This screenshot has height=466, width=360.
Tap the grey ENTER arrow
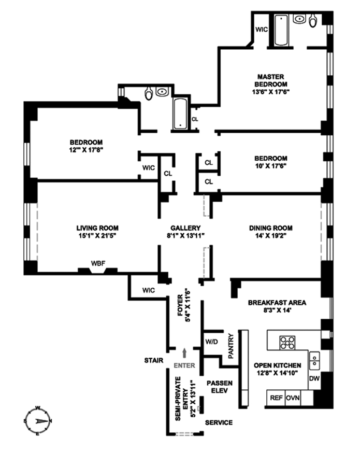pyautogui.click(x=185, y=354)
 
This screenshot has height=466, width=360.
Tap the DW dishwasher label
pyautogui.click(x=314, y=379)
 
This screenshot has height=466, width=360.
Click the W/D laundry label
pyautogui.click(x=211, y=342)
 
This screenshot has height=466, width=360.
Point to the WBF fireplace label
pyautogui.click(x=98, y=263)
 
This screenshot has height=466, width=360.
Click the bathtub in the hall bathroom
pyautogui.click(x=181, y=113)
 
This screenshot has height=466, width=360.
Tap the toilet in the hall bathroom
pyautogui.click(x=149, y=94)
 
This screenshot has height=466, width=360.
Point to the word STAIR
pyautogui.click(x=154, y=360)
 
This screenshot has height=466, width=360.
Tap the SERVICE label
pyautogui.click(x=219, y=422)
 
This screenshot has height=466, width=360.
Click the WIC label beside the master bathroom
pyautogui.click(x=262, y=30)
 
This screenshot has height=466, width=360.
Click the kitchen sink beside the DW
pyautogui.click(x=314, y=358)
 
